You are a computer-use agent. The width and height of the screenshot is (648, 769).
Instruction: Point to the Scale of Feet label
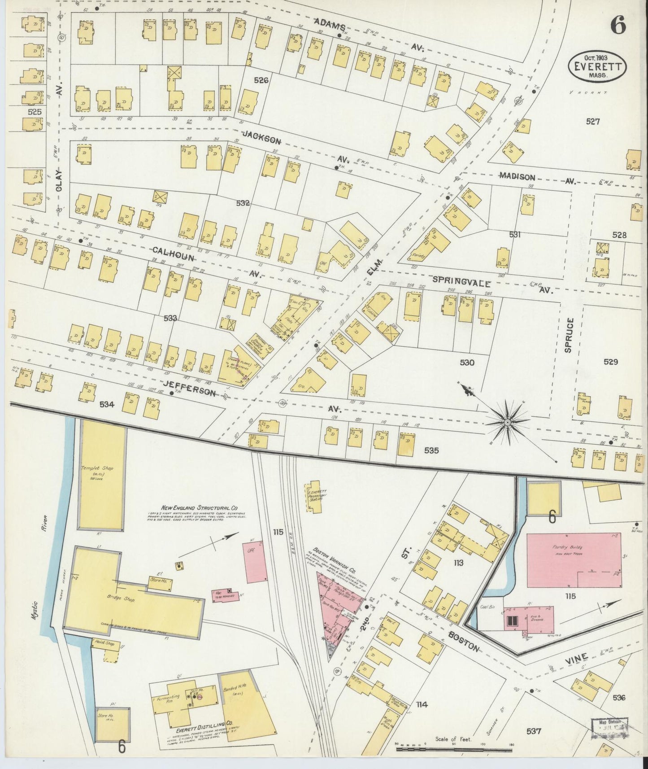point(453,739)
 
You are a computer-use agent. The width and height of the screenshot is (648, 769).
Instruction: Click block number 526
point(261,80)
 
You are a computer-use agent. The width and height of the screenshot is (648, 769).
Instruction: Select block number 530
point(467,363)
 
